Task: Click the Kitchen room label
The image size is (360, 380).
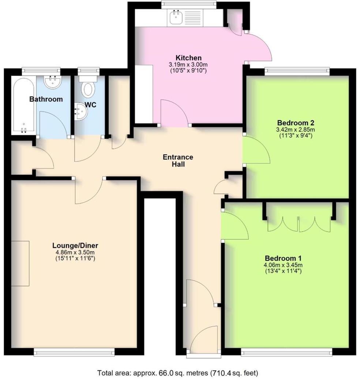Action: (x=188, y=58)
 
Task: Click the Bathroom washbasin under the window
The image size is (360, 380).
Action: (x=51, y=82)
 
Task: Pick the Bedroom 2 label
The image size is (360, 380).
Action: (x=296, y=122)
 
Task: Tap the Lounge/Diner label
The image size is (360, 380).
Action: (x=75, y=246)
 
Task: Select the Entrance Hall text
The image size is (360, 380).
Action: (x=178, y=161)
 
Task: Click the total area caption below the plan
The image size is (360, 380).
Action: (x=177, y=373)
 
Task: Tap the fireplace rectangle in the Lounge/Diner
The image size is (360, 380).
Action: (x=20, y=263)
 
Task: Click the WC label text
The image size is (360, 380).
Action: (x=90, y=105)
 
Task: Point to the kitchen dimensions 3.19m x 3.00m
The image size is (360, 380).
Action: (x=188, y=64)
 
